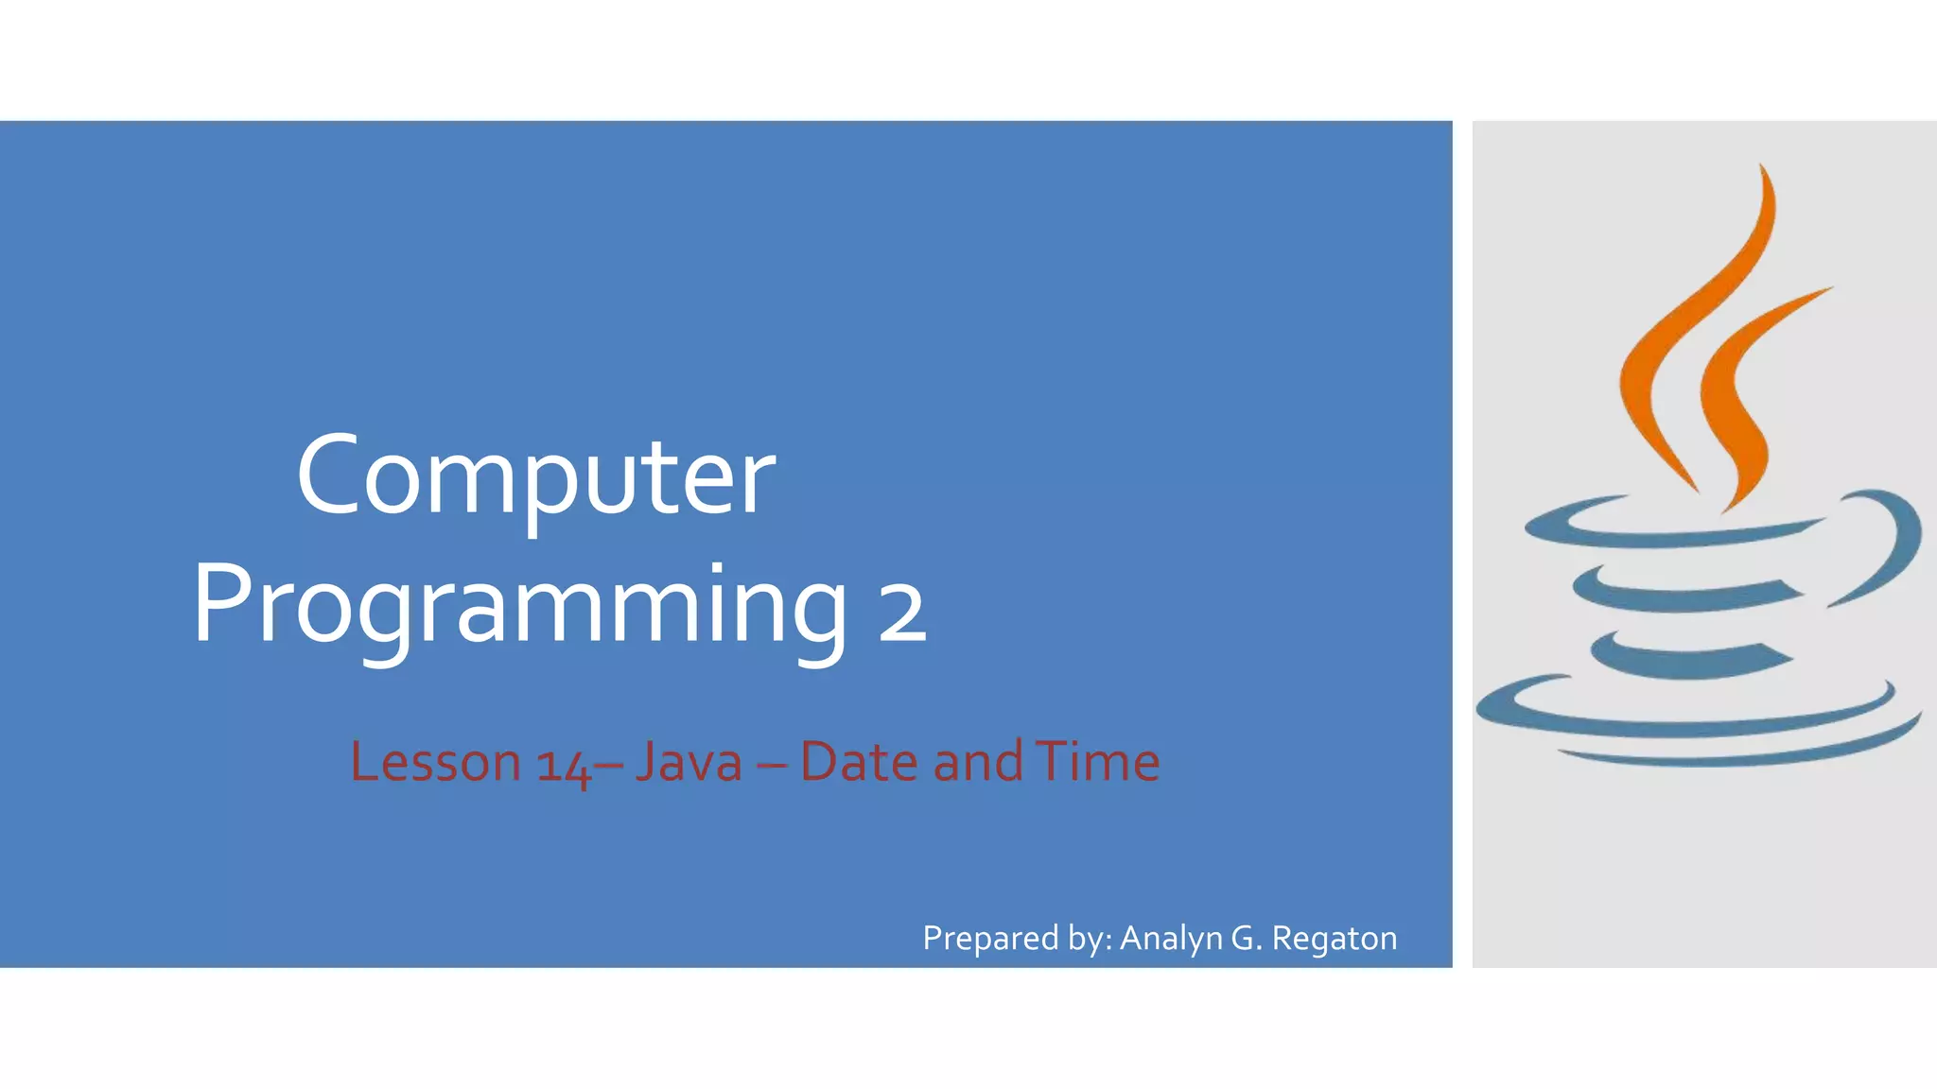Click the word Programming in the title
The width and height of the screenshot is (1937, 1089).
(519, 605)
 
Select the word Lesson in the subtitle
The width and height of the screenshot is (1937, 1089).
(435, 762)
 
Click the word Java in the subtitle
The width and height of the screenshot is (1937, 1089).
(689, 762)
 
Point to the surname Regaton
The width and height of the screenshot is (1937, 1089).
(1334, 939)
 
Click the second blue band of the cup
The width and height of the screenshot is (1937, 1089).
(1684, 596)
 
